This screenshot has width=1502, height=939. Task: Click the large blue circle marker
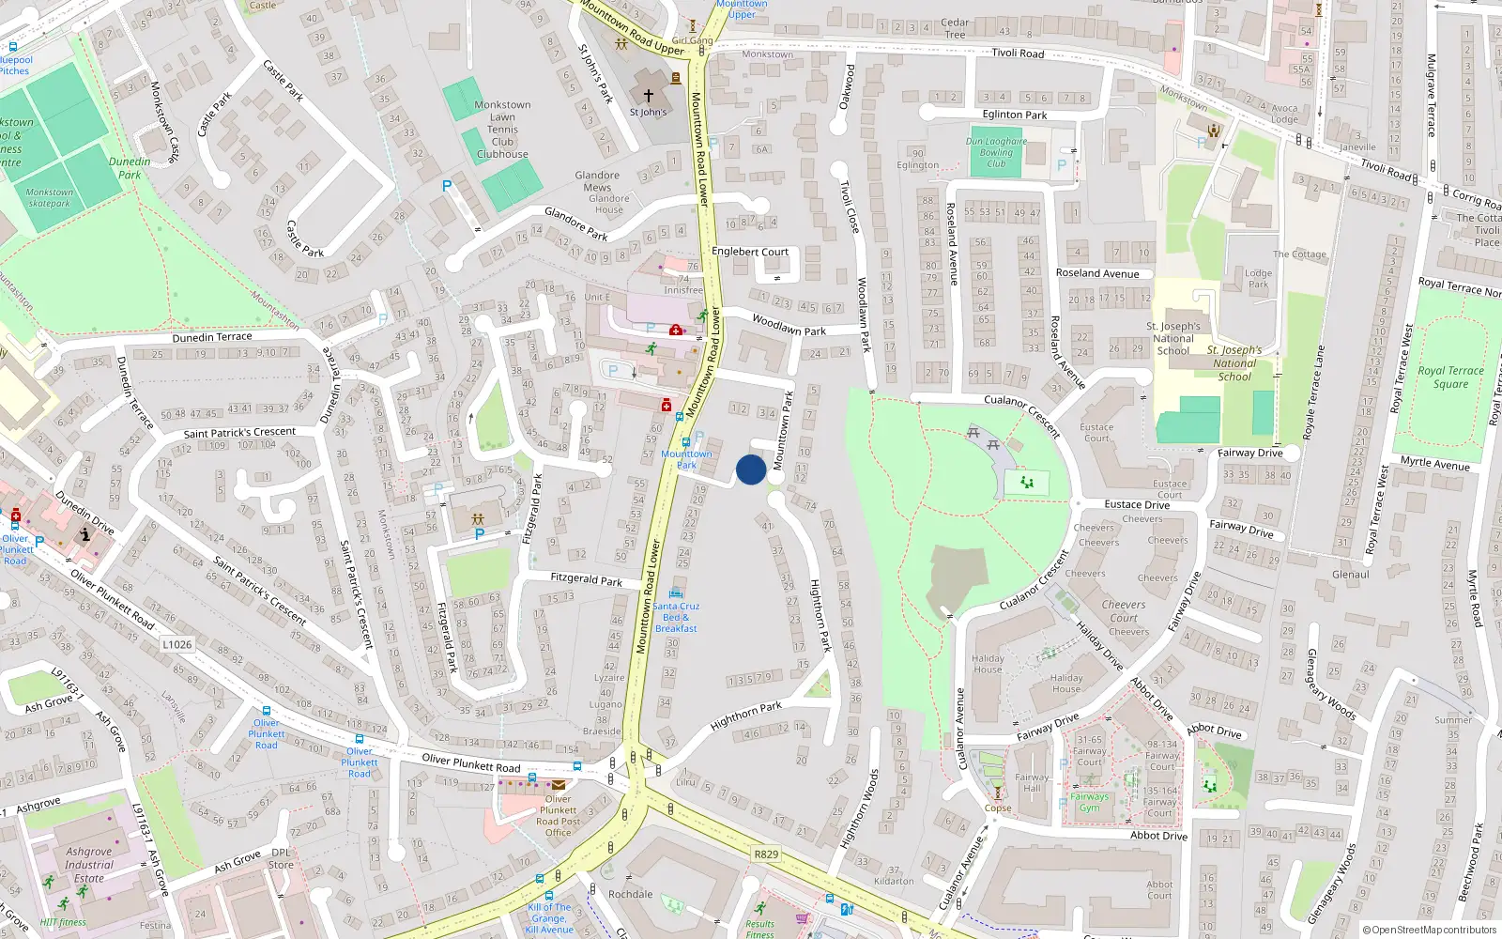[751, 469]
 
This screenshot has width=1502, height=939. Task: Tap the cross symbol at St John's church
[648, 96]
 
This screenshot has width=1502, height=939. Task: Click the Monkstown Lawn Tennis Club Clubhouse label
[502, 130]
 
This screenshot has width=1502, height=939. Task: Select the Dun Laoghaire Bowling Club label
[996, 152]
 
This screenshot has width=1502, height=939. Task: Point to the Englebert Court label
[750, 252]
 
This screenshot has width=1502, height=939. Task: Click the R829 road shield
[766, 854]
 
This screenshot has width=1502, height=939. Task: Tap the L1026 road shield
[176, 644]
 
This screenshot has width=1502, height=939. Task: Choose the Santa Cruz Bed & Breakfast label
[676, 617]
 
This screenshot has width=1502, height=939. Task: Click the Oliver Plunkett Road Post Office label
[559, 816]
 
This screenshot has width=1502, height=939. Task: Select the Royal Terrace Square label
[1450, 377]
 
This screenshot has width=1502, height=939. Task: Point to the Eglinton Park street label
[1015, 115]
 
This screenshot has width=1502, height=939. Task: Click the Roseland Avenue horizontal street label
[1097, 273]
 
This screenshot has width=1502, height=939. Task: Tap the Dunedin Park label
[130, 168]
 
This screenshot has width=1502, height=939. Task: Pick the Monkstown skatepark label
[50, 197]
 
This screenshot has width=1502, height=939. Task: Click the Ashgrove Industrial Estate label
[89, 865]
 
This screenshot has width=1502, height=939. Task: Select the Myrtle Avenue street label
[1435, 464]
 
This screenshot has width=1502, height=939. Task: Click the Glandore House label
[608, 204]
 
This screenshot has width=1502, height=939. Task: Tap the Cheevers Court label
[1124, 611]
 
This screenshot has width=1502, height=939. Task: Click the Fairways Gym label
[1089, 802]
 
